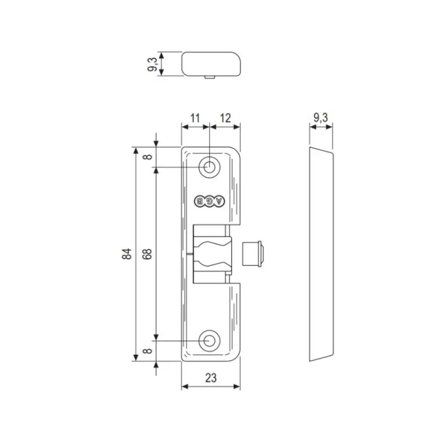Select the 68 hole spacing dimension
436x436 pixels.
(148, 254)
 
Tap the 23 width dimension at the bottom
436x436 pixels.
(211, 377)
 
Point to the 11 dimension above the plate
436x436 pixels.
(195, 118)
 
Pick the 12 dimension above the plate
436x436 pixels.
(225, 118)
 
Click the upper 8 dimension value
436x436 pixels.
(147, 157)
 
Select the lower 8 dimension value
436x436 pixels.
(147, 351)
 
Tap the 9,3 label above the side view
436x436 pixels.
(320, 118)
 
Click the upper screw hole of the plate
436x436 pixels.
(209, 167)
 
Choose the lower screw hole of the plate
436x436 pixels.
(209, 341)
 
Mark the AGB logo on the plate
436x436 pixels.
(209, 201)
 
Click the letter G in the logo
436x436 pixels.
(209, 201)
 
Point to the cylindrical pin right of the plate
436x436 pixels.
(252, 254)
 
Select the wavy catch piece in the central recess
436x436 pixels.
(212, 254)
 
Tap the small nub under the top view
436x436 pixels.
(209, 77)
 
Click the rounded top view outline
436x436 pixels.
(212, 64)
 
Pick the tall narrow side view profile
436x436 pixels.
(321, 254)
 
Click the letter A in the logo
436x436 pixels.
(219, 201)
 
